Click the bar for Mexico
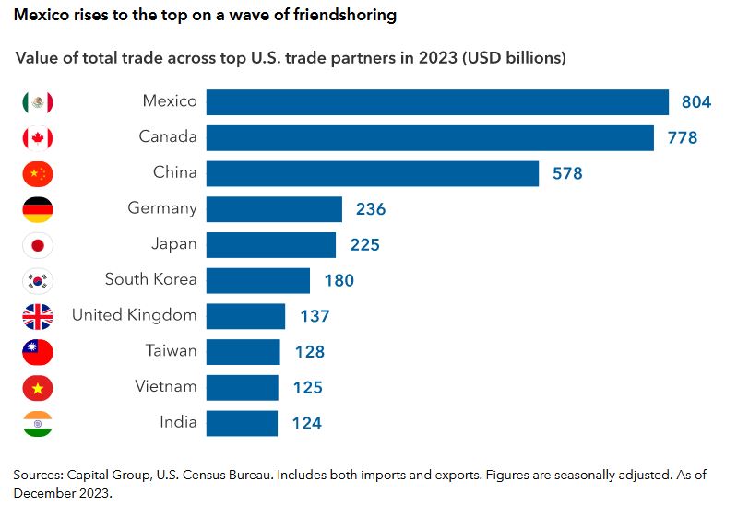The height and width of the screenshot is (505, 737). coord(436,101)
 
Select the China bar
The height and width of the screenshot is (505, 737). coord(372,173)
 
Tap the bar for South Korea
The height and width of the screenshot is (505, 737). coord(257,280)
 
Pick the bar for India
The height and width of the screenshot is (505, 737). coord(242,423)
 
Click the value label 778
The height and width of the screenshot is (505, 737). coord(683,138)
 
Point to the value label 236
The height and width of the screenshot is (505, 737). coord(371,209)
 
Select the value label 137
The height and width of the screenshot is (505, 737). coord(315,316)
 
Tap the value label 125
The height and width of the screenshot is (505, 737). coord(308,388)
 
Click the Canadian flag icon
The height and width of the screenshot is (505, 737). coord(38,138)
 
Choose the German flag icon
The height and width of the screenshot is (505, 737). coord(38,209)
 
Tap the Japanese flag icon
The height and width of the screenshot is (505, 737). coord(38,245)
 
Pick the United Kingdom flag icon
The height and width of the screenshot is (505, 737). coord(38,316)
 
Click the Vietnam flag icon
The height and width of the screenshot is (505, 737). coord(38,388)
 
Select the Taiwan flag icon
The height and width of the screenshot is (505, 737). coord(38,352)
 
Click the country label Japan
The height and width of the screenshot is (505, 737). coord(173,244)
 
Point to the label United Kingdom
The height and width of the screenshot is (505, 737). coord(135,315)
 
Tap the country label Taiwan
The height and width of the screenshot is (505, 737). coord(171,351)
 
